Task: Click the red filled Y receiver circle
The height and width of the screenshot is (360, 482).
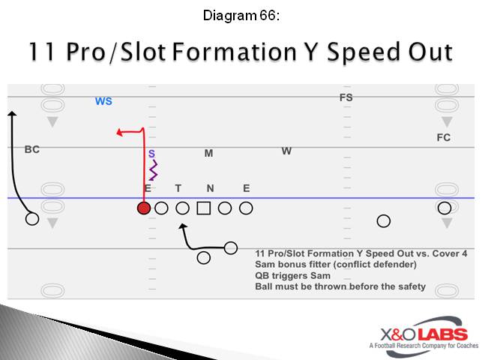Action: pos(144,208)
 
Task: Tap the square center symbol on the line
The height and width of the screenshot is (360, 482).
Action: pos(203,208)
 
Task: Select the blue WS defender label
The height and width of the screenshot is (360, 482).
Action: pos(103,101)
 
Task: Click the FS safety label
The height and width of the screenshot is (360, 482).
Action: pos(346,97)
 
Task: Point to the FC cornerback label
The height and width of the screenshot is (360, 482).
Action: pos(444,137)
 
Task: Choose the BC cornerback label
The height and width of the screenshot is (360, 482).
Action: pos(31,149)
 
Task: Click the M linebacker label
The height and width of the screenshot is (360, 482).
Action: pos(209,154)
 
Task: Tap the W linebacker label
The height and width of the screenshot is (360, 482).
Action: pos(286,151)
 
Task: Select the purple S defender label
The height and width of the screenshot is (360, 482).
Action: pos(151,153)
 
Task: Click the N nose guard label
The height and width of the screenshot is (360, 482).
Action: pos(211,188)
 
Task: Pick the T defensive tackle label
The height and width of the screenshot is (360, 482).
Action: pos(178,188)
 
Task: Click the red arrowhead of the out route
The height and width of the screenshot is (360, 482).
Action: pos(119,133)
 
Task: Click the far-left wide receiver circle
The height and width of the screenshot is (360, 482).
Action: pos(31,219)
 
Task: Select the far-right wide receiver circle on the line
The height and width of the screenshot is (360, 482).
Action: pos(445,208)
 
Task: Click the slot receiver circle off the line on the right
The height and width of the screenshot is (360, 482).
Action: pos(383,220)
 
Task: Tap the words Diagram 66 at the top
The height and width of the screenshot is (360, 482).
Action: pos(241,15)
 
